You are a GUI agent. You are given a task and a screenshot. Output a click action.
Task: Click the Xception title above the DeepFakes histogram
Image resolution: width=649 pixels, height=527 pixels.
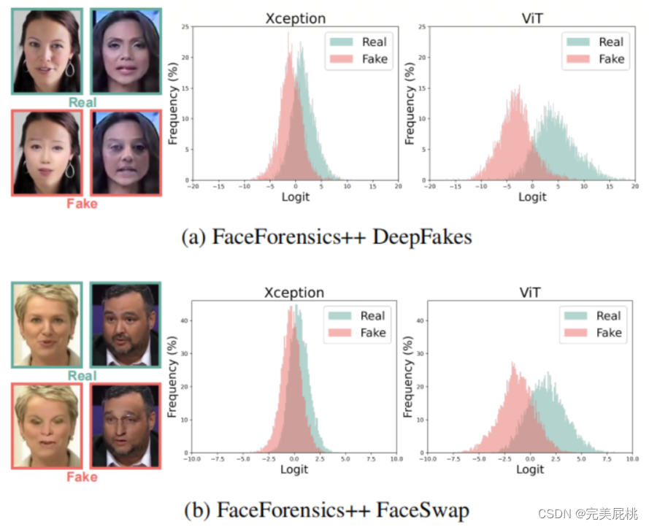295,19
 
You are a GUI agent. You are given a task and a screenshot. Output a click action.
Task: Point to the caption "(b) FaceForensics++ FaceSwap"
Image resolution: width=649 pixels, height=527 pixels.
325,510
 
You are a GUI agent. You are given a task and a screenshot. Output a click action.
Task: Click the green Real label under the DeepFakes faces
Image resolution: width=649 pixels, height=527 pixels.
82,102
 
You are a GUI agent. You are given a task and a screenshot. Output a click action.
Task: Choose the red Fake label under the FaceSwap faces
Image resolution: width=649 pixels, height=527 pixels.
82,477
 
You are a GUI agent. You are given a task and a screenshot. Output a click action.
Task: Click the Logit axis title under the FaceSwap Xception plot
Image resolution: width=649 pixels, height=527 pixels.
294,469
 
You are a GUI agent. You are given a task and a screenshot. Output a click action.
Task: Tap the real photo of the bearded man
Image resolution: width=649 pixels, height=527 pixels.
124,325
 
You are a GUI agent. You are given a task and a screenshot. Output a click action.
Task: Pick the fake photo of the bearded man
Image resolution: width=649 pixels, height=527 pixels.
124,426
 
